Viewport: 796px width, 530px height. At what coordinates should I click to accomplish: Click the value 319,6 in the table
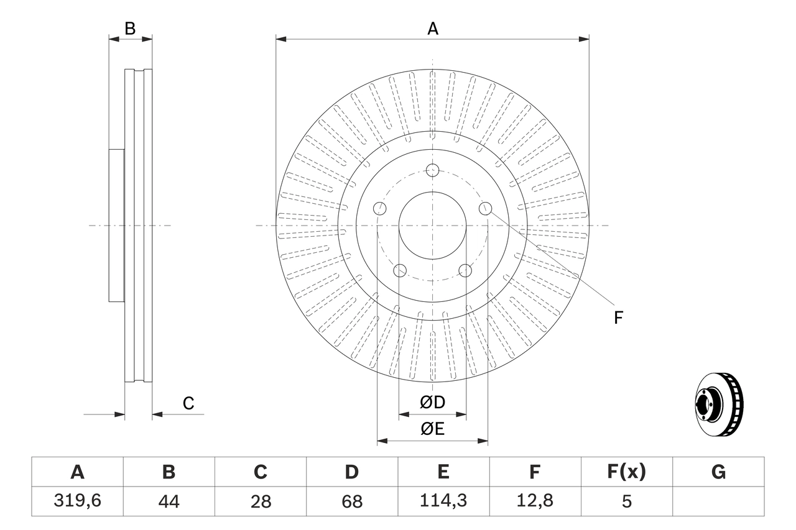[x=77, y=501]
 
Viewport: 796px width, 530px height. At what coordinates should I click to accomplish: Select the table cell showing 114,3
[x=443, y=501]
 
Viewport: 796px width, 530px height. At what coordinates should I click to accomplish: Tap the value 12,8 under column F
[x=534, y=501]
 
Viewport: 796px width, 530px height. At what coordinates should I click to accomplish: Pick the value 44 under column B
[x=169, y=501]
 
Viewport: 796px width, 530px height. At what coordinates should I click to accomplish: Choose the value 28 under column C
[x=260, y=501]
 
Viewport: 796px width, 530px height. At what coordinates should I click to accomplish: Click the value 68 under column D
[x=351, y=501]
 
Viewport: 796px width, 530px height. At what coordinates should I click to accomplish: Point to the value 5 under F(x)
[x=626, y=501]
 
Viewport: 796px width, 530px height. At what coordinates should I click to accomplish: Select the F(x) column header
[x=626, y=472]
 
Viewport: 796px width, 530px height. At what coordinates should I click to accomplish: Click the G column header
[x=718, y=472]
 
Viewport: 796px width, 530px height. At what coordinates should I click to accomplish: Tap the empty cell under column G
[x=718, y=501]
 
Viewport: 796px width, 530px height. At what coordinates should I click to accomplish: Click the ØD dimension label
[x=432, y=403]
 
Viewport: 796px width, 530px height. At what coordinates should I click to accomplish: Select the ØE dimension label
[x=432, y=429]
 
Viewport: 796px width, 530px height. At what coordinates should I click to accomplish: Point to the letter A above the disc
[x=432, y=29]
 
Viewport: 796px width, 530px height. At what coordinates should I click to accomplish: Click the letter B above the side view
[x=130, y=29]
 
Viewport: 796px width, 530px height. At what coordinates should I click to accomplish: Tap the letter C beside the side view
[x=188, y=403]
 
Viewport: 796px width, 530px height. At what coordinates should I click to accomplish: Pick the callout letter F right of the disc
[x=618, y=318]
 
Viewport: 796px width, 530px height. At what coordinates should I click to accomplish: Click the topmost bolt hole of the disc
[x=433, y=170]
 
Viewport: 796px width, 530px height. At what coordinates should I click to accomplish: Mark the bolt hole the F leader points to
[x=485, y=209]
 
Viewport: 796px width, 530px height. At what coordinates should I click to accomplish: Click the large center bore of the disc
[x=433, y=226]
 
